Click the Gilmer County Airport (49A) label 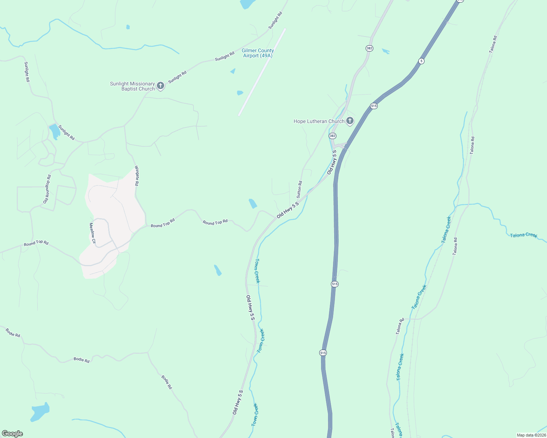point(257,53)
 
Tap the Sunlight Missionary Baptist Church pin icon point(160,86)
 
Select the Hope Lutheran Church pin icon point(350,121)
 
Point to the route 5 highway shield point(421,61)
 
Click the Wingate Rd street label point(137,176)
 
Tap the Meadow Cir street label point(92,234)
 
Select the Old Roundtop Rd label point(47,189)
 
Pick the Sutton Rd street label point(299,189)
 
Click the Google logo point(12,434)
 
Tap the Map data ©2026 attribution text point(531,435)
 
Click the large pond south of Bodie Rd point(39,412)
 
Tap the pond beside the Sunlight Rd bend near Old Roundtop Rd point(55,131)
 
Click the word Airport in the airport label point(251,56)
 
